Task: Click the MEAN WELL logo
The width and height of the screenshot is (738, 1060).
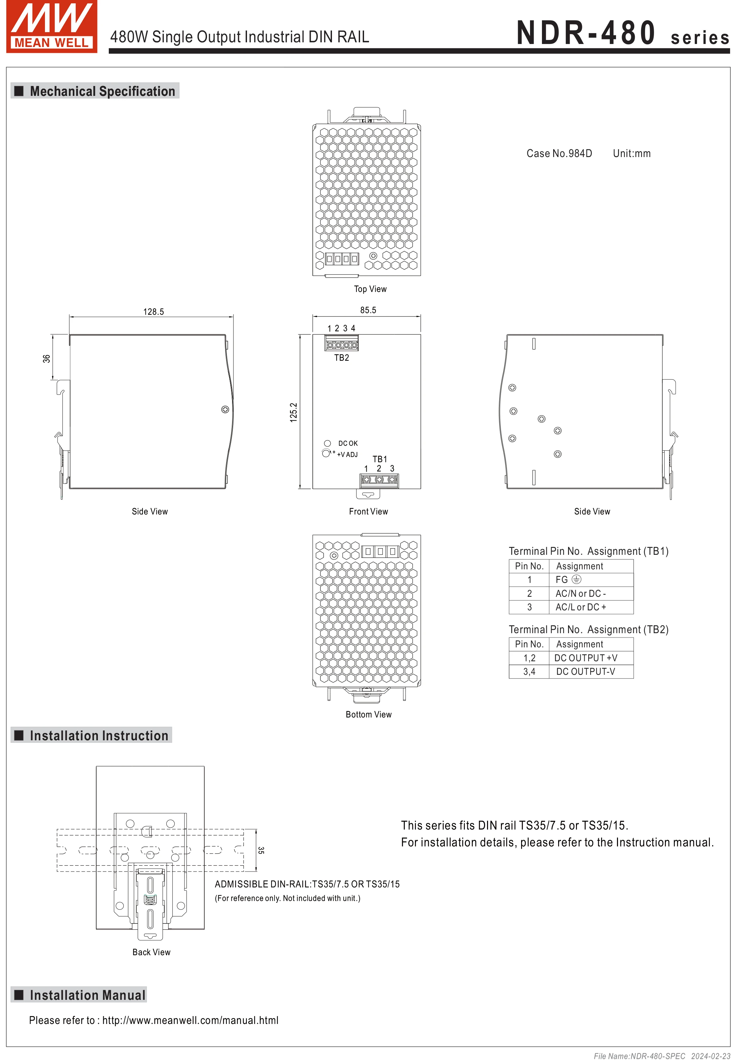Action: tap(51, 26)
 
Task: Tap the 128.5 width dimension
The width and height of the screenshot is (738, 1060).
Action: tap(153, 312)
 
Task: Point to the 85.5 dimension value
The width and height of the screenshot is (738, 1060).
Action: tap(368, 310)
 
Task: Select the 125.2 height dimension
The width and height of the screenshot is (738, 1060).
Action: tap(294, 412)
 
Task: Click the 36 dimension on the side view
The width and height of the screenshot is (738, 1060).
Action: tap(46, 358)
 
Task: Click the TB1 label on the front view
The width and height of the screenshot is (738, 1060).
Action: tap(380, 459)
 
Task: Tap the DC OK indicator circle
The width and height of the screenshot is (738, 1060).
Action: tap(327, 443)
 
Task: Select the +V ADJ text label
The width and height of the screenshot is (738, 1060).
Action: tap(347, 455)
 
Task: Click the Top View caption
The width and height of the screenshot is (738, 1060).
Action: tap(370, 289)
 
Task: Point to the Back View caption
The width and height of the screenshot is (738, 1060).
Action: tap(151, 952)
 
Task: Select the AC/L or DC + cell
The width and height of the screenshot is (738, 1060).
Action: tap(581, 607)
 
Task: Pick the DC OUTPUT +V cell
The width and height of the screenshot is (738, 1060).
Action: tap(586, 658)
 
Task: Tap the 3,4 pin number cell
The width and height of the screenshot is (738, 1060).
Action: tap(529, 672)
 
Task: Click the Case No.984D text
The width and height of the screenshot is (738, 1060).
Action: tap(559, 153)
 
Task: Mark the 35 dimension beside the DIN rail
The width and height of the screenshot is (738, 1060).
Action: tap(261, 850)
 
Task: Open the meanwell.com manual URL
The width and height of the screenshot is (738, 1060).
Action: tap(190, 1020)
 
